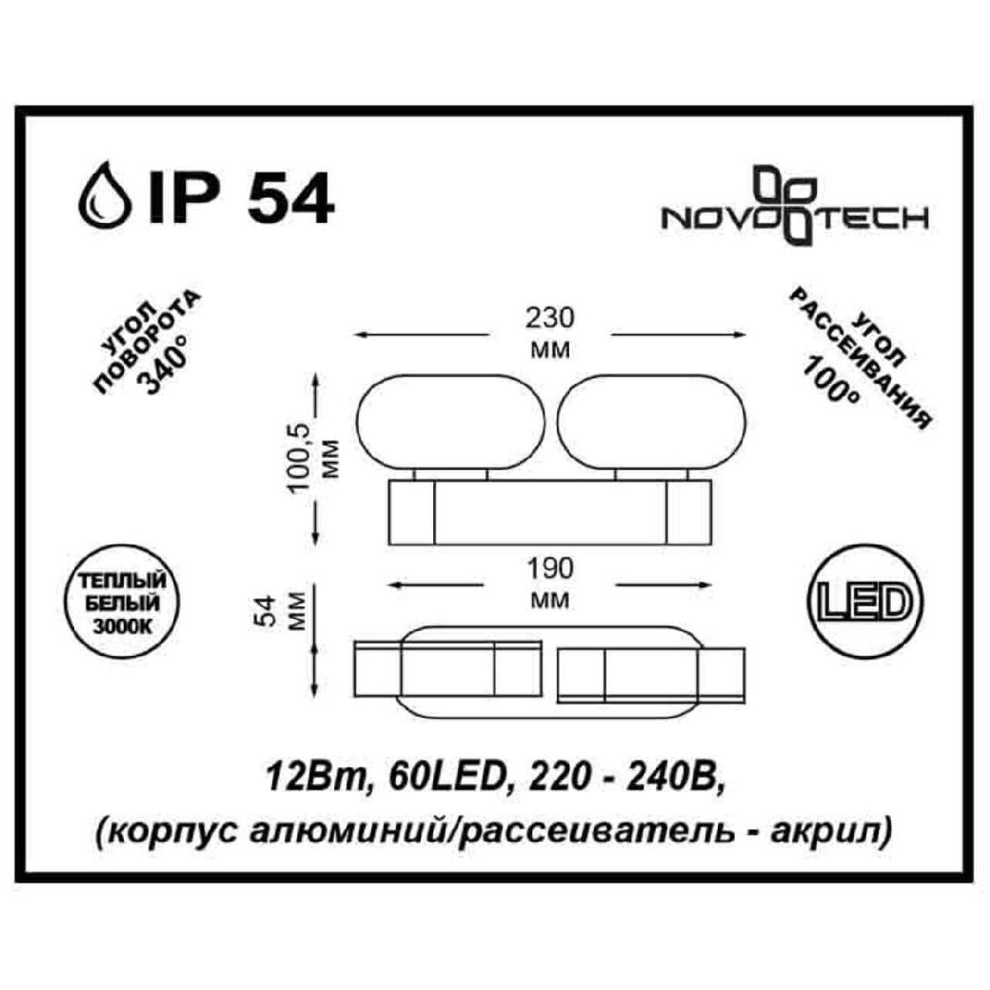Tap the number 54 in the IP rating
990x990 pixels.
click(290, 196)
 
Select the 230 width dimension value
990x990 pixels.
click(549, 319)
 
